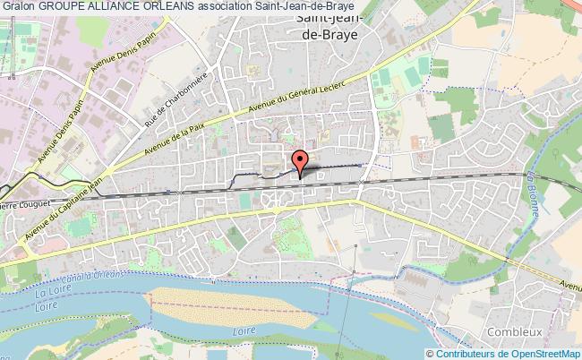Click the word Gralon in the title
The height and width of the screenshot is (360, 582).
[19, 7]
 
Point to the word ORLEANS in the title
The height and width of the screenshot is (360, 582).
[178, 7]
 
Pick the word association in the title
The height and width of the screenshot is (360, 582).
[238, 7]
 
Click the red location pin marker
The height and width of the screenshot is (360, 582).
[301, 161]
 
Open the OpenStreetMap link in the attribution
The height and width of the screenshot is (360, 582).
[542, 353]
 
